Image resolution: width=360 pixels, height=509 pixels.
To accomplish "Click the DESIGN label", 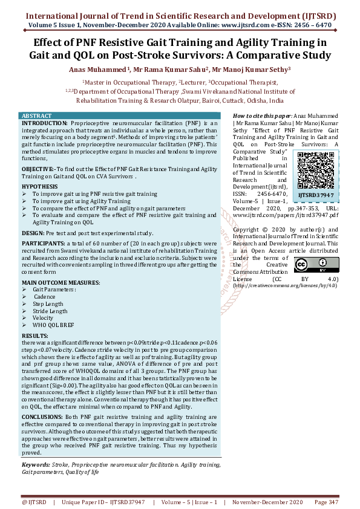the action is coord(34,232).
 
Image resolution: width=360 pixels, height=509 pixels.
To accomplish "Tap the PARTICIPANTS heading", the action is coord(46,243).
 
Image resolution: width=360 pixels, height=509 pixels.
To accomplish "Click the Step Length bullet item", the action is coord(48,304).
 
